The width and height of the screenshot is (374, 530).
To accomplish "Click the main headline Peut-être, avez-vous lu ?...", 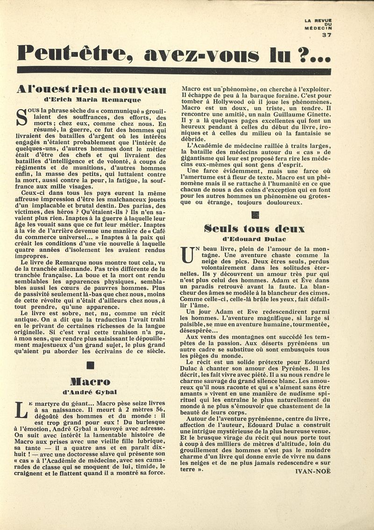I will (x=174, y=53).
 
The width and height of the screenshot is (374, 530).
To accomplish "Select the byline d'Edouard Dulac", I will (x=255, y=239).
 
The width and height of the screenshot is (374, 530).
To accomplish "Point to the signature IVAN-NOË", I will (x=313, y=471).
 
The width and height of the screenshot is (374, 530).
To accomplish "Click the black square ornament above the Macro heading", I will (x=91, y=365).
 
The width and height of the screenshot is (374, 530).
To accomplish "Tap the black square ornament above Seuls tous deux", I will (x=255, y=215).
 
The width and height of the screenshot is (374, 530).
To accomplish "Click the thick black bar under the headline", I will (x=174, y=71).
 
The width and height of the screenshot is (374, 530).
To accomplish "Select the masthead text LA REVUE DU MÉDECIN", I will (x=318, y=24).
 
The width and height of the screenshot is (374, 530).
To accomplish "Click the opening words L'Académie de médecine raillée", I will (x=229, y=145).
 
